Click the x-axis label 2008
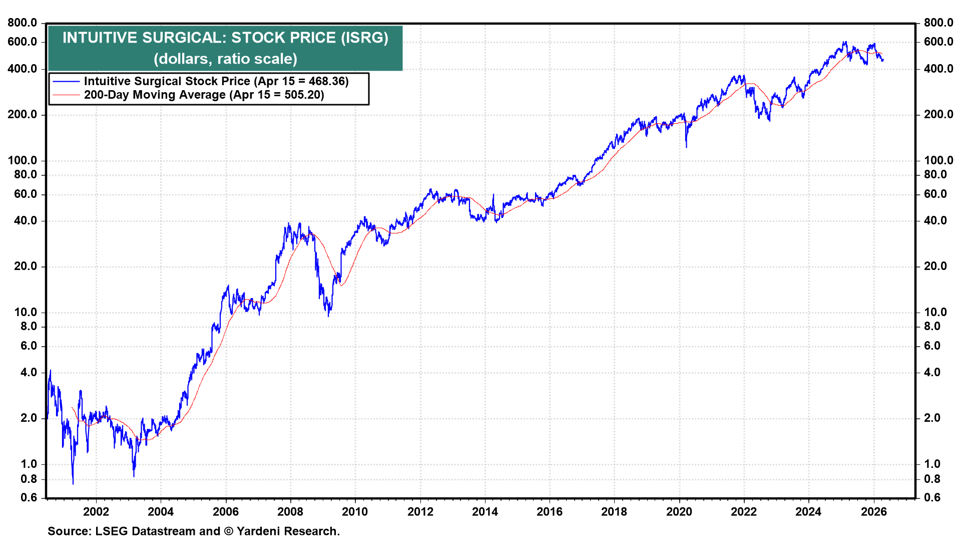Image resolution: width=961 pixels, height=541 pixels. coord(290,511)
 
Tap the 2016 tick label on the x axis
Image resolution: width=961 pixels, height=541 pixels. coord(550,511)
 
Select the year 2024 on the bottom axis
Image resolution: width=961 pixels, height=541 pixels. coord(808,511)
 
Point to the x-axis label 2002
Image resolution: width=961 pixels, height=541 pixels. coord(96,511)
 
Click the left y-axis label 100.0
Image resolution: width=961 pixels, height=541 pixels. coord(23,160)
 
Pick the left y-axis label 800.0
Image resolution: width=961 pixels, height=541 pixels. coord(23,23)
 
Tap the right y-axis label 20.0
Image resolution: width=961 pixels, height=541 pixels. coord(935,266)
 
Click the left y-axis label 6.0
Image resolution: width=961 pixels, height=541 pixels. coord(26,346)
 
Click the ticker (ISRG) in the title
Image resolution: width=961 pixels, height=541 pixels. coord(364,38)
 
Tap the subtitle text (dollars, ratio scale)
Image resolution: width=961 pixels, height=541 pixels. coord(225,59)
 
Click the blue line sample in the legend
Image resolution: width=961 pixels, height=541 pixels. coord(66,81)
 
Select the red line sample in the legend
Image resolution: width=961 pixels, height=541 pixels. coord(66,95)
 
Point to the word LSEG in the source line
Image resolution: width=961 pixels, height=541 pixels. coord(111,531)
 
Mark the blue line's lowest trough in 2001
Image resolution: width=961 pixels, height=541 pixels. coord(73,483)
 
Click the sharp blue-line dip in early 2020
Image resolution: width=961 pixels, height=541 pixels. coord(686,146)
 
